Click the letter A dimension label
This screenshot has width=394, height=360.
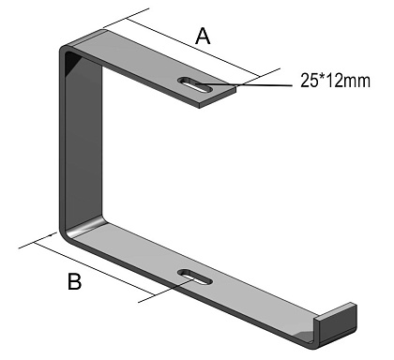click(203, 36)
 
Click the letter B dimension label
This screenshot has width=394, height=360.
click(74, 281)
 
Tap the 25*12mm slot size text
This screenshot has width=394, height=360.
click(335, 81)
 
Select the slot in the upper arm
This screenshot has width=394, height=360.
click(195, 84)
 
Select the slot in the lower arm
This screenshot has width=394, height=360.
click(195, 277)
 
